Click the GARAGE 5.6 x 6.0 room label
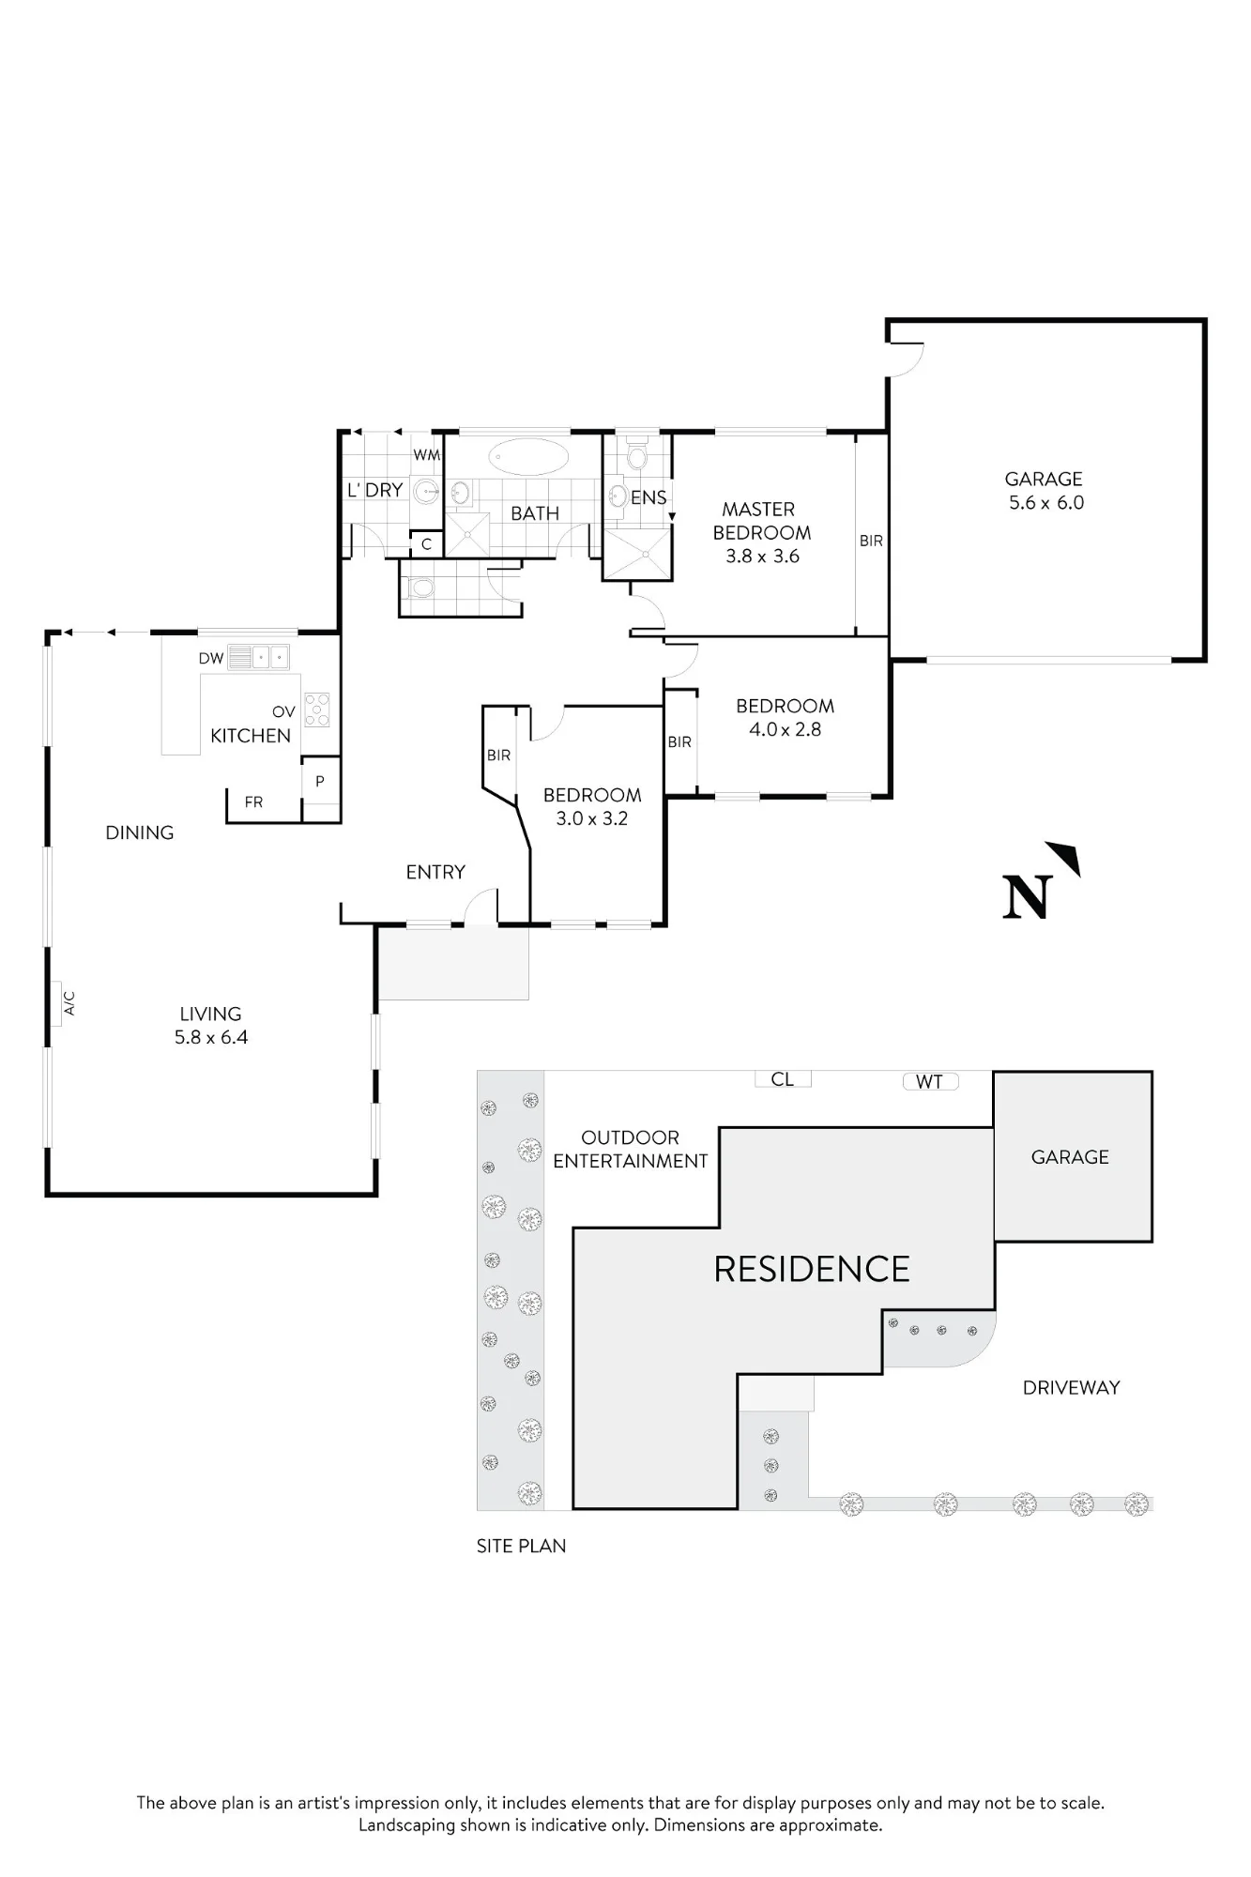(x=1045, y=491)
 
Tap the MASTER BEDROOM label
(x=760, y=521)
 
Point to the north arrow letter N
(x=1025, y=897)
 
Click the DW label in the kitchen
(x=210, y=659)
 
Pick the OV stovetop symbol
(x=316, y=710)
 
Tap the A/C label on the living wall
(x=69, y=1003)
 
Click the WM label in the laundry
(x=427, y=455)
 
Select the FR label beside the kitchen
(x=253, y=802)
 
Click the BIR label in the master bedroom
(x=871, y=541)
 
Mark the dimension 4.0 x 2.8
(x=785, y=729)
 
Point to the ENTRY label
(x=435, y=872)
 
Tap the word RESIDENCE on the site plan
(x=812, y=1269)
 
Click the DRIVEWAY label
(x=1071, y=1387)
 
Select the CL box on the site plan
(x=783, y=1079)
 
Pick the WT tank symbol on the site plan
(x=930, y=1081)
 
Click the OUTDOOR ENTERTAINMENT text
(x=630, y=1150)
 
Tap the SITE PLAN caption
(x=521, y=1546)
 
